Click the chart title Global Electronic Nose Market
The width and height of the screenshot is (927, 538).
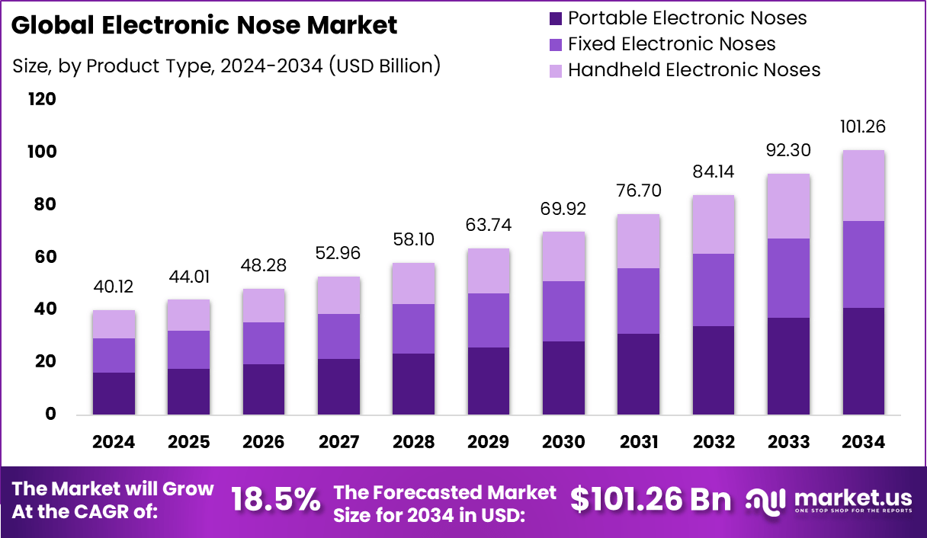click(204, 26)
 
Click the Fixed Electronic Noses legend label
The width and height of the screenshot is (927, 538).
click(672, 44)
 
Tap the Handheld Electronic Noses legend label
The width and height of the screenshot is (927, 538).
click(694, 70)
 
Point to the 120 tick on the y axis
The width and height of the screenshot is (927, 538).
click(42, 100)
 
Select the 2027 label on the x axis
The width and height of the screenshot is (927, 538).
click(338, 443)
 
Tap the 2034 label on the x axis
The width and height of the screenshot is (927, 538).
click(864, 443)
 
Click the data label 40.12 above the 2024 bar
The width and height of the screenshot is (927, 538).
click(114, 288)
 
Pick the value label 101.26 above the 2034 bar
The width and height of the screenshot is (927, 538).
click(864, 126)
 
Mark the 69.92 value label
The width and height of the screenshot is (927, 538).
click(563, 207)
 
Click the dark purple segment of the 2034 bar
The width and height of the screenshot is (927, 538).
click(864, 361)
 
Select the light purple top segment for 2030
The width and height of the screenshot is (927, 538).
click(563, 257)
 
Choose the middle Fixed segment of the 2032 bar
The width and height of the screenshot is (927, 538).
click(714, 290)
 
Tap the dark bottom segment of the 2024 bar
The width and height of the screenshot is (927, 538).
click(114, 393)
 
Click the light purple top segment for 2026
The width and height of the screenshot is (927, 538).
click(263, 306)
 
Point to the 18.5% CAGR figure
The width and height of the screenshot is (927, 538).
click(275, 500)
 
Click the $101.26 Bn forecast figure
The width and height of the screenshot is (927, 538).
click(650, 500)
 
